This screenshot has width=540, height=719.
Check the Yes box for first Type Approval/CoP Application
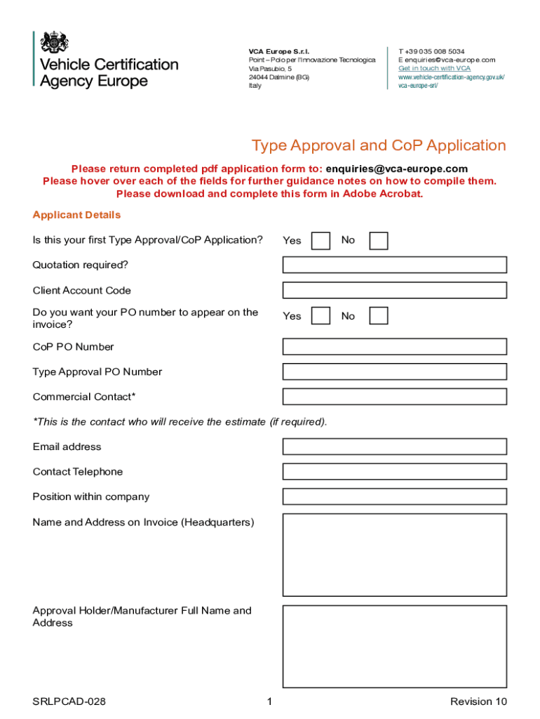coord(320,241)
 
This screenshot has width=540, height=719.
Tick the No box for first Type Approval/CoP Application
coord(379,241)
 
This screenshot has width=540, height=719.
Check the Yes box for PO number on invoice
coord(320,316)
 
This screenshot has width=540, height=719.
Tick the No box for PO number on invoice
coord(379,316)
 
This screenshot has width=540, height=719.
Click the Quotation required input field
coord(394,265)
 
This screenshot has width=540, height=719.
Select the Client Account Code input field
coord(394,290)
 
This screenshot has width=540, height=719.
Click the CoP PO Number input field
coord(394,347)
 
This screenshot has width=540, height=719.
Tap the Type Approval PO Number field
coord(394,372)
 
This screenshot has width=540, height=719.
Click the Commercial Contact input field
coord(394,397)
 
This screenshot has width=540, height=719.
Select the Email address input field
coord(394,447)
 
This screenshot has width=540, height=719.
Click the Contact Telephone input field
coord(394,472)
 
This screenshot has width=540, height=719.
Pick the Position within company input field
coord(394,496)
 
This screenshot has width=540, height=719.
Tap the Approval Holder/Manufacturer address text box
coord(394,646)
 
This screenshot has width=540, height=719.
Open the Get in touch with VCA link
coord(434,69)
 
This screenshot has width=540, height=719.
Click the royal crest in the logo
coord(55,42)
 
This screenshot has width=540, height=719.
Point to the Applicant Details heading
coord(76,215)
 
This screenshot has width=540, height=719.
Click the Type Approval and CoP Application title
coord(379,146)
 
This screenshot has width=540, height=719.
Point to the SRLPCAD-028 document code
coord(69,701)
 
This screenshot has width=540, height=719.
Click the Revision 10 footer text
coord(478,701)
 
